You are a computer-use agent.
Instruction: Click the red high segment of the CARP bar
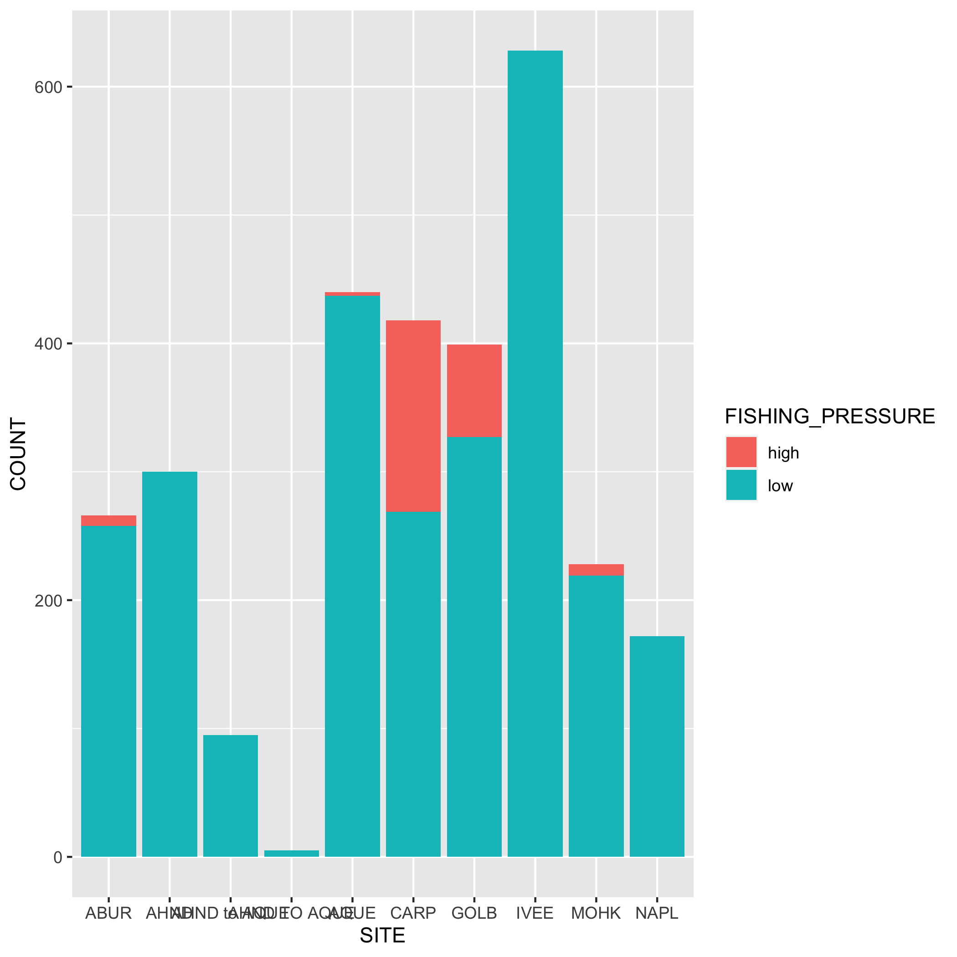tap(413, 416)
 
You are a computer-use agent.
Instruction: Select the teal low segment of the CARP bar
tap(413, 684)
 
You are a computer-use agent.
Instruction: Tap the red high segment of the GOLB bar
tap(474, 391)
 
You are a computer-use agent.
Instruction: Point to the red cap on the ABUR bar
tap(108, 520)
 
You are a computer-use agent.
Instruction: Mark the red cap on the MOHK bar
tap(596, 570)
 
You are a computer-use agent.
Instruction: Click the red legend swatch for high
tap(741, 452)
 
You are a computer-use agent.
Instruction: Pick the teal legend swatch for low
tap(741, 485)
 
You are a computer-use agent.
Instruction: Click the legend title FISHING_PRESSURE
tap(830, 417)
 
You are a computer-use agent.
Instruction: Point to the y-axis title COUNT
tap(18, 454)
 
